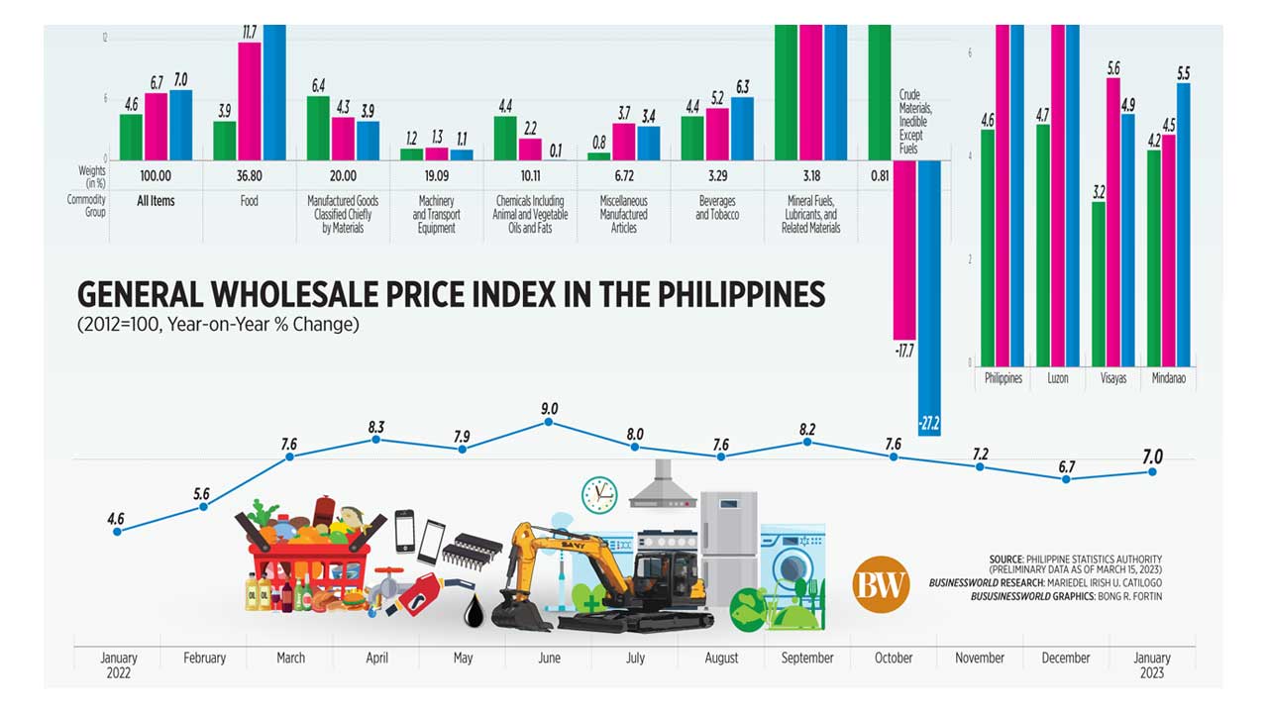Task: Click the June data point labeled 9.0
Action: tap(549, 423)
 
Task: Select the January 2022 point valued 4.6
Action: tap(117, 532)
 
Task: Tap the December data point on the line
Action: tap(1066, 479)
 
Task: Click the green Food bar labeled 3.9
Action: tap(225, 140)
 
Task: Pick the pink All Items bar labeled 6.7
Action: tap(157, 126)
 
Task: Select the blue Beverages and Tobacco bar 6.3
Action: tap(742, 128)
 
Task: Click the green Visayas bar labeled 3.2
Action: tap(1099, 283)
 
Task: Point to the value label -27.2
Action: tap(929, 424)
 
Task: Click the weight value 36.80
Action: tap(250, 175)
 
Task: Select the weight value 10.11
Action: tap(530, 175)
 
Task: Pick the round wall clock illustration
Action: tap(599, 494)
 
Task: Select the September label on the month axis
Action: tap(806, 658)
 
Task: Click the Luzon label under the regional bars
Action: tap(1057, 378)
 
